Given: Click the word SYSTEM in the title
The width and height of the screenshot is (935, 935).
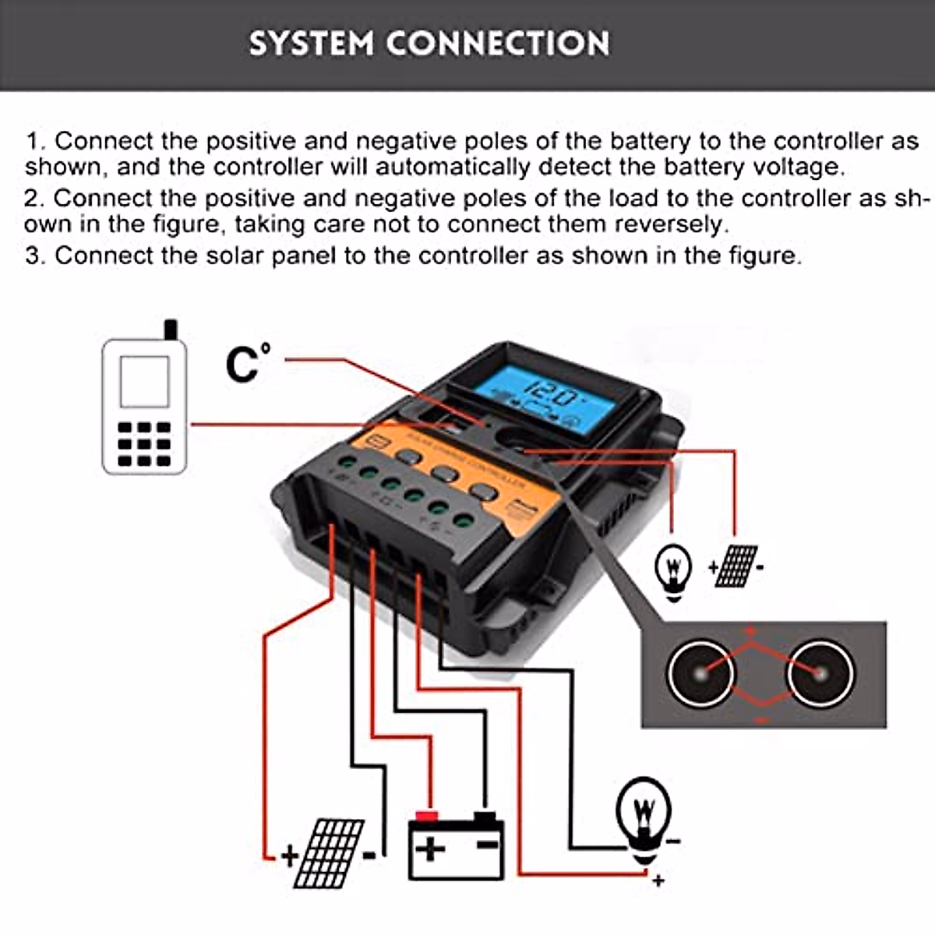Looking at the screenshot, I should pyautogui.click(x=311, y=44).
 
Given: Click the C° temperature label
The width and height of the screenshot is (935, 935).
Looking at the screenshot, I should pyautogui.click(x=248, y=362).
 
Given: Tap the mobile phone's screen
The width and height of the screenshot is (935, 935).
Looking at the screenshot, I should pyautogui.click(x=144, y=381).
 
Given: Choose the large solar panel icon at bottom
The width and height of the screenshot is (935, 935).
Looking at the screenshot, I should pyautogui.click(x=330, y=853).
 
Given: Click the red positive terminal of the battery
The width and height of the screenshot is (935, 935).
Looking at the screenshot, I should pyautogui.click(x=425, y=817).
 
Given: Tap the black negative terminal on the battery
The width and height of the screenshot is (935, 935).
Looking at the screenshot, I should pyautogui.click(x=485, y=817).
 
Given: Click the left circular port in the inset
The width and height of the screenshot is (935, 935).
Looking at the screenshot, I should pyautogui.click(x=700, y=672).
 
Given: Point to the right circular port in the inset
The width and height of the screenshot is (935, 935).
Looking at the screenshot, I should pyautogui.click(x=820, y=672).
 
